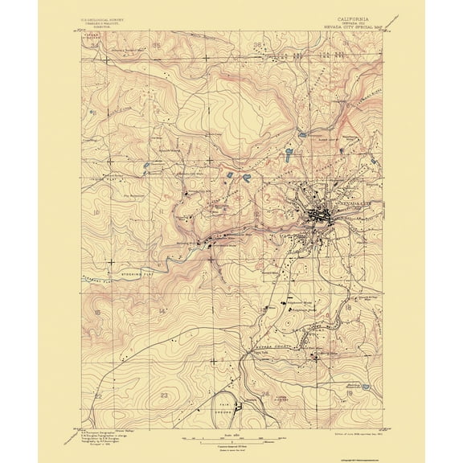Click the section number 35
pos(156,47)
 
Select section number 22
pos(98,396)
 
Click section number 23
pos(164,395)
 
